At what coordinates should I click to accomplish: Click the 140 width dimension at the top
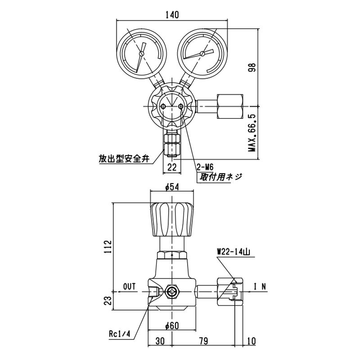pos(172,15)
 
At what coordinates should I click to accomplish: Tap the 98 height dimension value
pos(252,67)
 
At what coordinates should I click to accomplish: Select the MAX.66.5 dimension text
pos(252,132)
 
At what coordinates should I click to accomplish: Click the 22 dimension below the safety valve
pos(172,167)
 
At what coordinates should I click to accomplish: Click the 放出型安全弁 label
pos(124,159)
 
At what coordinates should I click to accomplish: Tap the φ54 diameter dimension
pos(172,187)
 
